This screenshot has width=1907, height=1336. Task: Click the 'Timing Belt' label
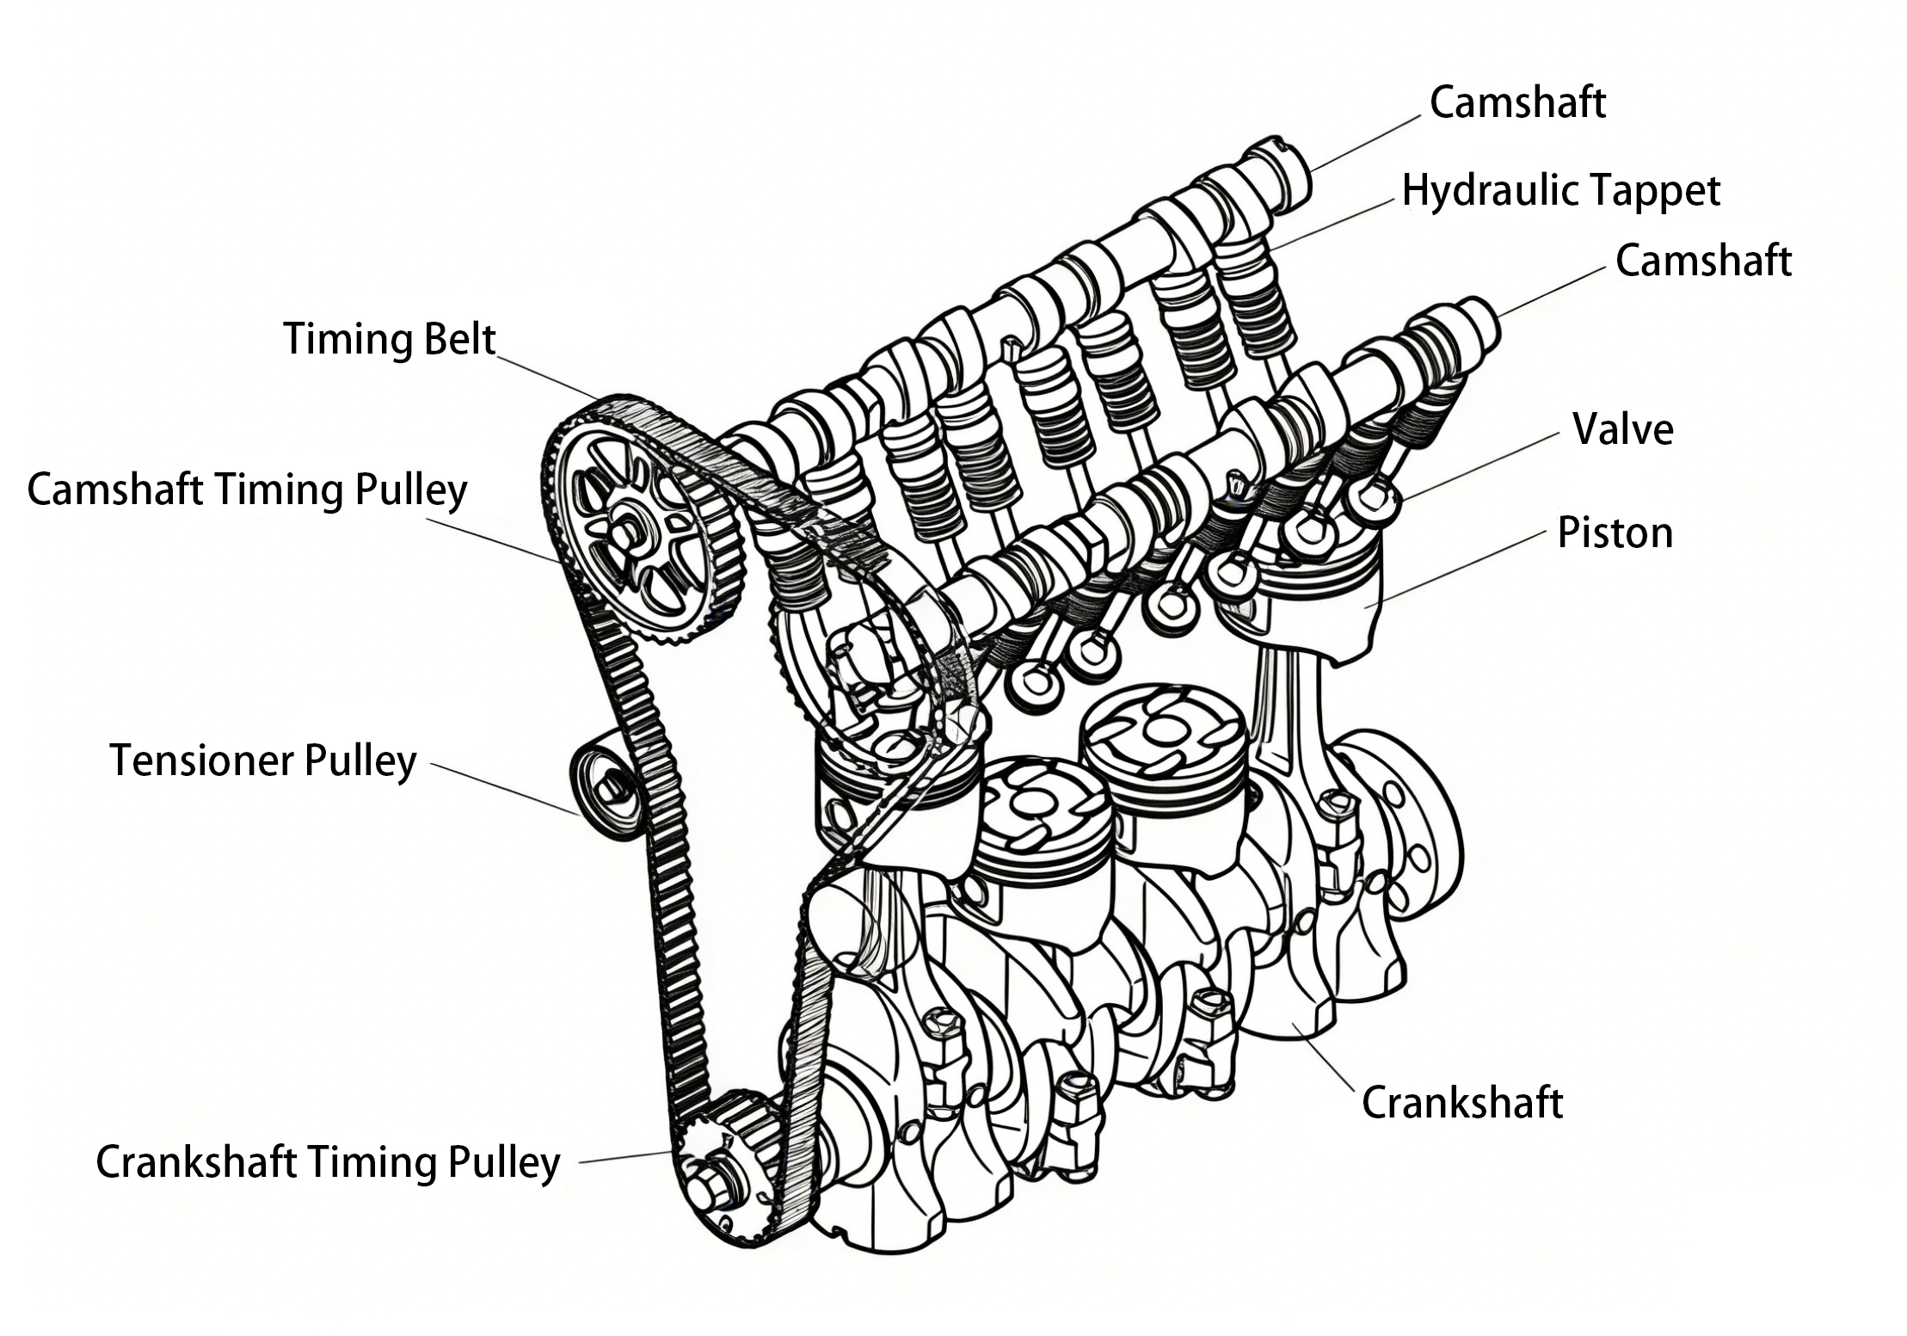pyautogui.click(x=389, y=340)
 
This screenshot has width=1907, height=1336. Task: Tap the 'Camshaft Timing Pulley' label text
pyautogui.click(x=247, y=490)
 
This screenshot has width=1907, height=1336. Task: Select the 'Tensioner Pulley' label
pyautogui.click(x=262, y=760)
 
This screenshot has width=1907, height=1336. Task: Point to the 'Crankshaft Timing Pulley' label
pyautogui.click(x=328, y=1162)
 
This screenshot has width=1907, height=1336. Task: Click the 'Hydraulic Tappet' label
pyautogui.click(x=1560, y=191)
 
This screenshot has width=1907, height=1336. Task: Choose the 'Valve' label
pyautogui.click(x=1622, y=429)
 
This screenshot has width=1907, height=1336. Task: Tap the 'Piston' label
pyautogui.click(x=1615, y=533)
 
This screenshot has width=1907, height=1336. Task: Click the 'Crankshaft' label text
pyautogui.click(x=1461, y=1104)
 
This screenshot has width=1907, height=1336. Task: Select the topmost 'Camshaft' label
pyautogui.click(x=1517, y=103)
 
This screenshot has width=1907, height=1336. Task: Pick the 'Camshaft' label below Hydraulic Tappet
pyautogui.click(x=1702, y=262)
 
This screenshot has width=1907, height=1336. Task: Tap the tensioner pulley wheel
pyautogui.click(x=606, y=785)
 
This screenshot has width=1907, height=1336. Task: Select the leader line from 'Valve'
pyautogui.click(x=1479, y=466)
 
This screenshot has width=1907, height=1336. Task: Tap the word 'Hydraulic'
pyautogui.click(x=1486, y=191)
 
